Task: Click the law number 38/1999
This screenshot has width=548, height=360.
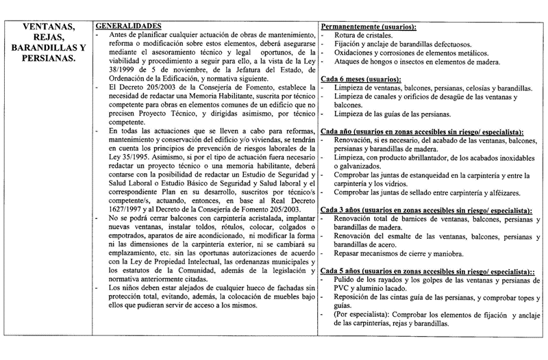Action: [x=111, y=69]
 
